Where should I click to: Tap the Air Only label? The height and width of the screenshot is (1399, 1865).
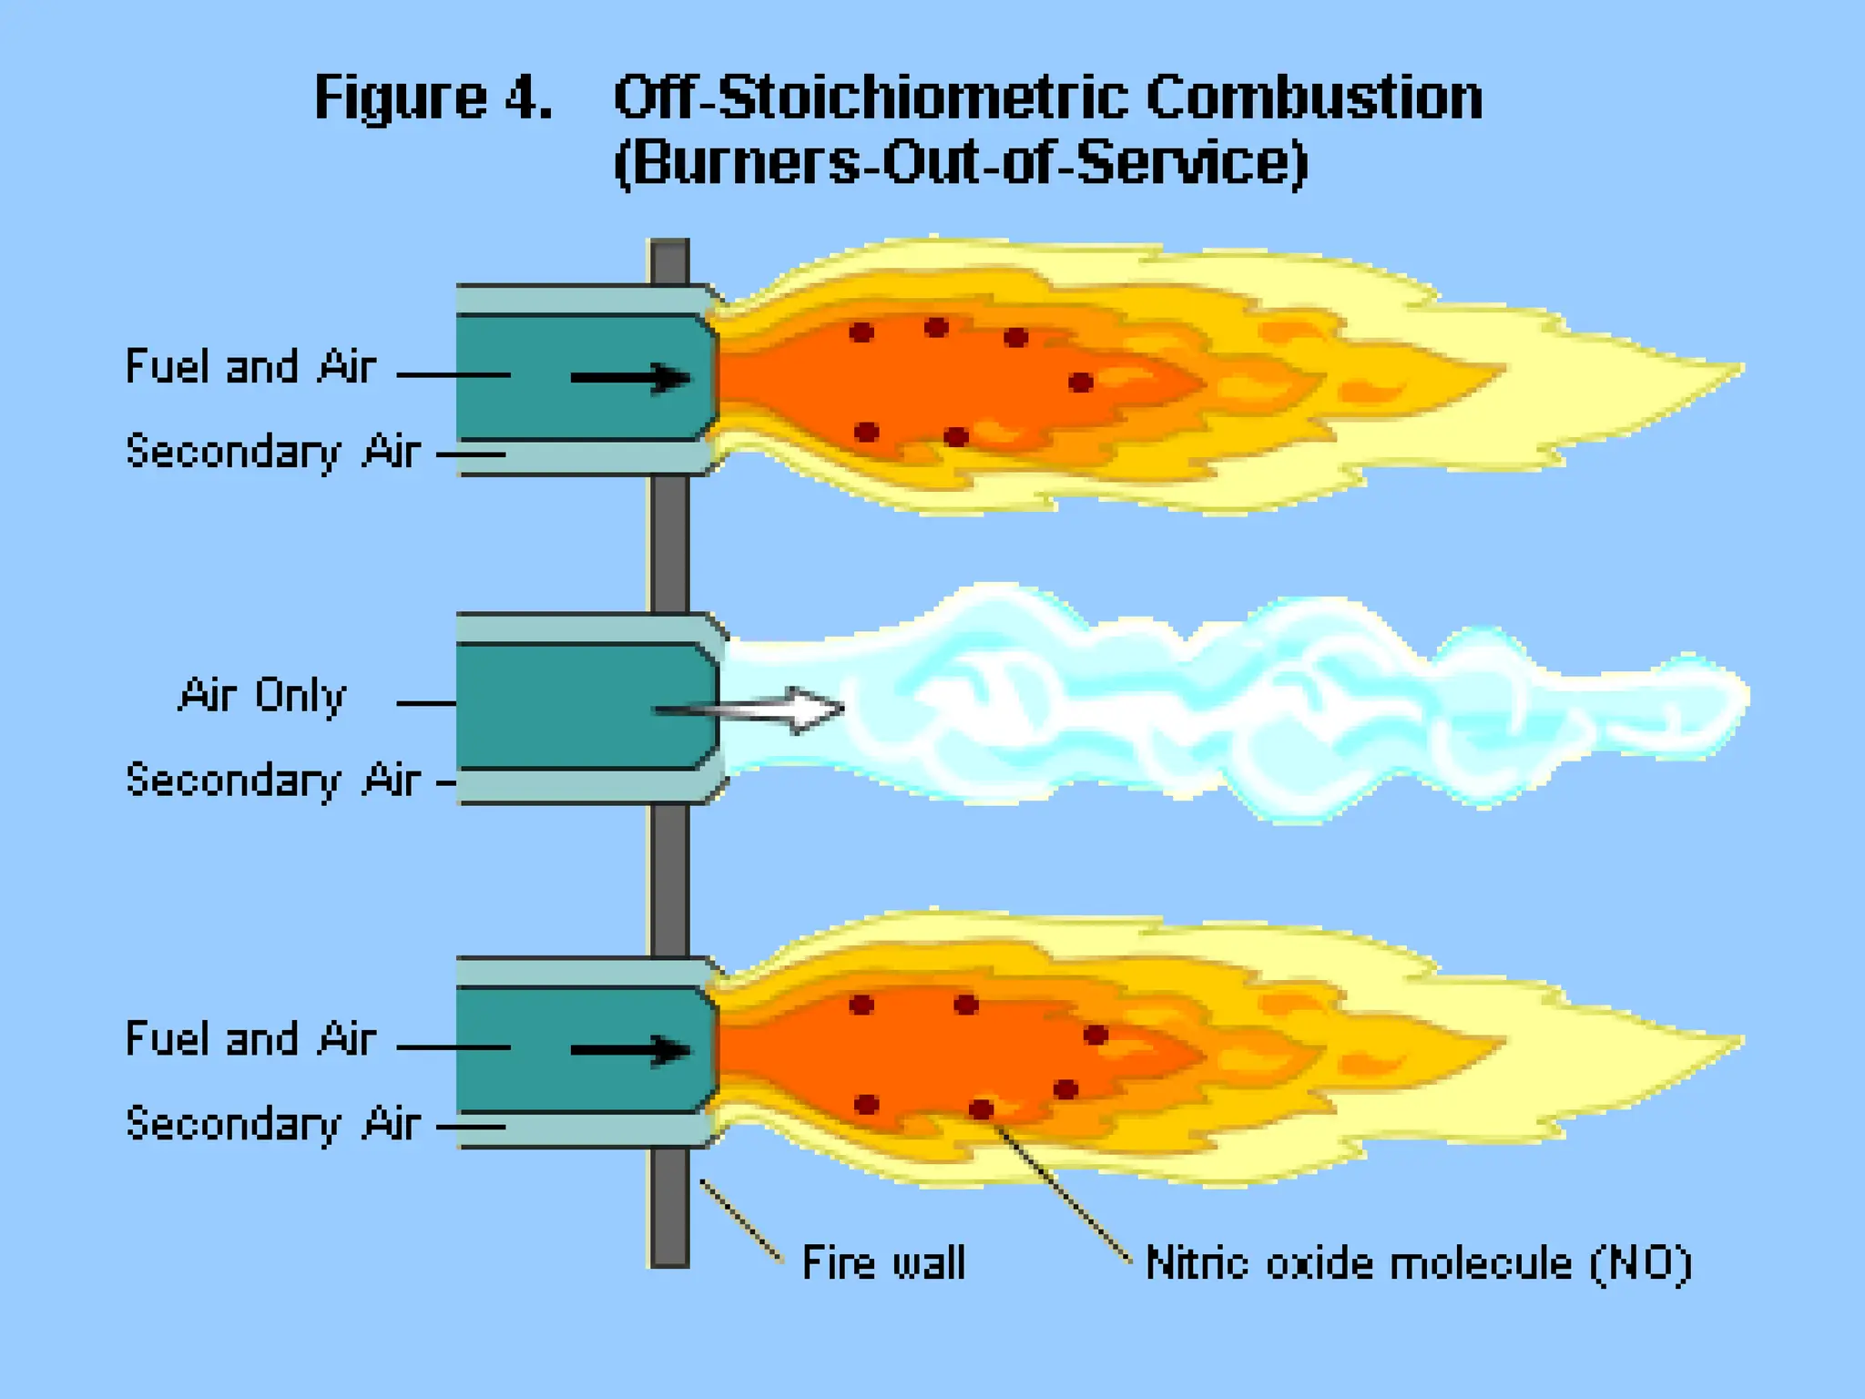(262, 696)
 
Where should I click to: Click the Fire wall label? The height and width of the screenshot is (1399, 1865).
(883, 1263)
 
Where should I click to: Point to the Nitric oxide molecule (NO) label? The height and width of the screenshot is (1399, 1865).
(1418, 1263)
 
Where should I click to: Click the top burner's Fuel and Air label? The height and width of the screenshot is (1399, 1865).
(250, 367)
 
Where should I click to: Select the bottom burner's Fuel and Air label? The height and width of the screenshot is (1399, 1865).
(250, 1039)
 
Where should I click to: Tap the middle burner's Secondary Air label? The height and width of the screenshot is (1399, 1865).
(273, 781)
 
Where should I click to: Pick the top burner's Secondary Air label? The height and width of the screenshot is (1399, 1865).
(273, 452)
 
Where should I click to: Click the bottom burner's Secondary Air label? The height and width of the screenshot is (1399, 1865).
(273, 1124)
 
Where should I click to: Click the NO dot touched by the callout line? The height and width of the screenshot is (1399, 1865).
(981, 1108)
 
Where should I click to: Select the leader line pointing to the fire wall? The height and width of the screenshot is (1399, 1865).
(740, 1221)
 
